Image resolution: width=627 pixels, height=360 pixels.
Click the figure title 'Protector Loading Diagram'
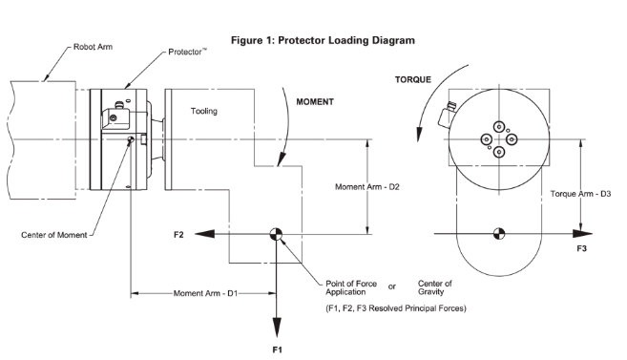tap(346, 40)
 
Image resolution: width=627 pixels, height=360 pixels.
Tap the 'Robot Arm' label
tap(93, 47)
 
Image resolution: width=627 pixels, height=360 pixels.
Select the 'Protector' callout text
tap(187, 52)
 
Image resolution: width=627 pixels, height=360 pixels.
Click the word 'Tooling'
tap(204, 111)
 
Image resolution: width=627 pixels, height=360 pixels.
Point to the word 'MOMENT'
tap(315, 102)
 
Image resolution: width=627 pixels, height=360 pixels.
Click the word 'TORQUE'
tap(413, 79)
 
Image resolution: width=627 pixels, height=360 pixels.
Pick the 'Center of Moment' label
tap(54, 235)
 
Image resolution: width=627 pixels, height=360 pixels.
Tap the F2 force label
tap(178, 235)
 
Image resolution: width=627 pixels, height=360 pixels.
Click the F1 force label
tap(277, 350)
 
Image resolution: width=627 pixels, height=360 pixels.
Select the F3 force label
tap(581, 249)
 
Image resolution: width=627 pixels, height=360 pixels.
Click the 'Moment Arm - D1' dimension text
tap(205, 293)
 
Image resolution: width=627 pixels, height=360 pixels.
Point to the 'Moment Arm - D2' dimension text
tap(367, 187)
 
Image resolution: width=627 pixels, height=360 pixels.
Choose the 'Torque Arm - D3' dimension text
tap(580, 194)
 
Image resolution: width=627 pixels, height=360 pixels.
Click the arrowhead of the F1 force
tap(277, 328)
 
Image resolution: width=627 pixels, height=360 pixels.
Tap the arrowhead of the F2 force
tap(205, 234)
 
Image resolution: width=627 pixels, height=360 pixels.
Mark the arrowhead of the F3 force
tap(582, 234)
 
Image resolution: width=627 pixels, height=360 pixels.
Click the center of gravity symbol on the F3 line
tap(498, 234)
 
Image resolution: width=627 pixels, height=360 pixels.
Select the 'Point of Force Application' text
tap(351, 287)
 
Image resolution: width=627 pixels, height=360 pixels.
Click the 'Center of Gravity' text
tap(434, 287)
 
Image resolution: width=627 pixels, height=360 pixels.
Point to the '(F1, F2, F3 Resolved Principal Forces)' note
tap(396, 308)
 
